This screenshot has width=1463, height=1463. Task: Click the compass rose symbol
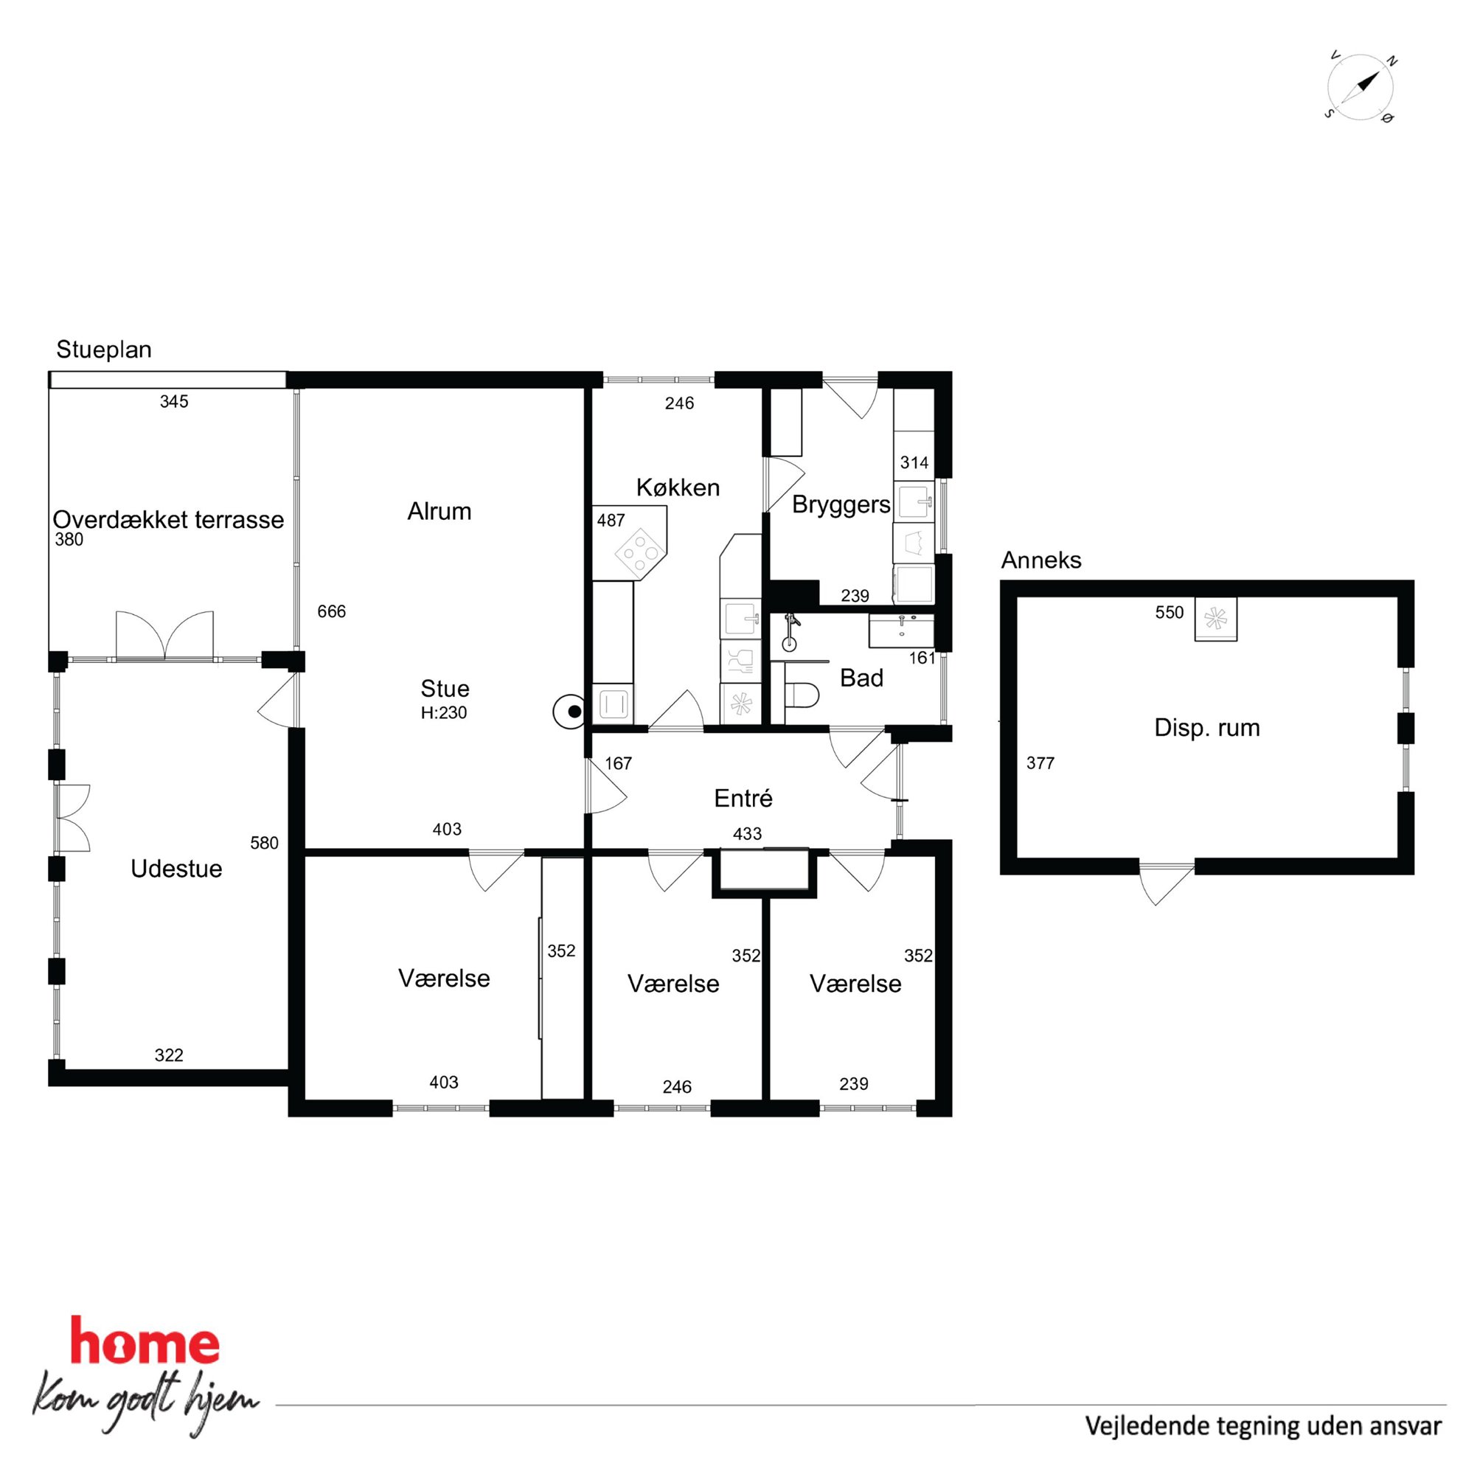pyautogui.click(x=1361, y=87)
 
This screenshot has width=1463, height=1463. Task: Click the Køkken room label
pyautogui.click(x=678, y=487)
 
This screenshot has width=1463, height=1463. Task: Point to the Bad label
pyautogui.click(x=862, y=678)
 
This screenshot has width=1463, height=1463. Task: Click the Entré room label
pyautogui.click(x=743, y=798)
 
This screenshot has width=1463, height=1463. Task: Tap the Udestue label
pyautogui.click(x=176, y=869)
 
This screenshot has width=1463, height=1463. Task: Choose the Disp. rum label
pyautogui.click(x=1207, y=728)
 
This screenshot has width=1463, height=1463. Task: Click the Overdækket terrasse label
pyautogui.click(x=168, y=519)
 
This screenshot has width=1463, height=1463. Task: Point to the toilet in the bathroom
pyautogui.click(x=801, y=695)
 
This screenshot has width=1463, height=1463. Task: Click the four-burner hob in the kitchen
pyautogui.click(x=641, y=552)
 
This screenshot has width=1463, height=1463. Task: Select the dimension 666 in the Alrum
pyautogui.click(x=332, y=611)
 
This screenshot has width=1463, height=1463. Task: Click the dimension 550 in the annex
pyautogui.click(x=1170, y=613)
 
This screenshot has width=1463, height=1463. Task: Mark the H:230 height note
pyautogui.click(x=444, y=712)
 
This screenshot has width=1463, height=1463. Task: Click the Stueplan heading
pyautogui.click(x=104, y=350)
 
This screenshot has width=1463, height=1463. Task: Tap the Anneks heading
pyautogui.click(x=1041, y=560)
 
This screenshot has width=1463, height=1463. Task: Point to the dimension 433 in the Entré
pyautogui.click(x=748, y=834)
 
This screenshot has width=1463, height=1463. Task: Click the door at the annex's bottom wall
pyautogui.click(x=1166, y=882)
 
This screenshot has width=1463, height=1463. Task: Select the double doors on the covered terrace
pyautogui.click(x=165, y=636)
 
